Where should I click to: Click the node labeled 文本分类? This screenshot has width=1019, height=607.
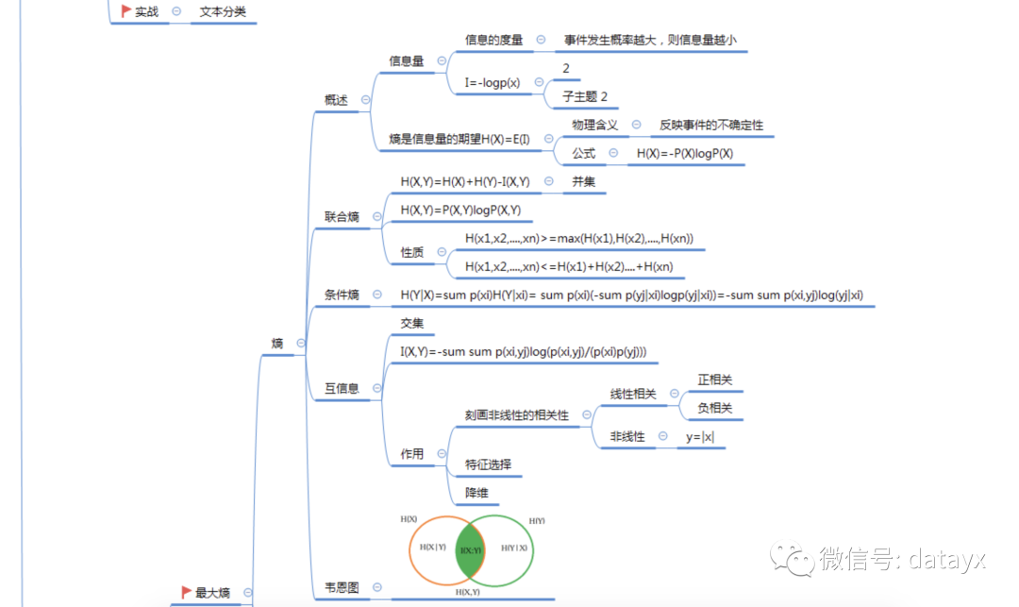pos(223,12)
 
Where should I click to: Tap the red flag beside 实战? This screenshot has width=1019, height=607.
pos(125,11)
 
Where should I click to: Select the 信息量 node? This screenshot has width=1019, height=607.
pos(407,61)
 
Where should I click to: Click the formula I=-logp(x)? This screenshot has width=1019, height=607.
pos(493,83)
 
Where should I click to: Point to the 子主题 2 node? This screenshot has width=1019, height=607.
pos(585,96)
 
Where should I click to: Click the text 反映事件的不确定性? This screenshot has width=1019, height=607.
pos(711,126)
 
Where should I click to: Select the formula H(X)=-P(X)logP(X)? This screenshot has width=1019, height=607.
pos(685,154)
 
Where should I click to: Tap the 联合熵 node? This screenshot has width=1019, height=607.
pos(342,217)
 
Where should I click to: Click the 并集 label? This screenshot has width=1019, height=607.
pos(583,182)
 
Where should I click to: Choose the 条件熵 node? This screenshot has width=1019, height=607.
pos(342,295)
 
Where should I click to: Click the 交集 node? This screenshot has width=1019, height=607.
pos(412,324)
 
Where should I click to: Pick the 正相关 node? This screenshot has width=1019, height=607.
pos(714,380)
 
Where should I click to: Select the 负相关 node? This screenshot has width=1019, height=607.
pos(714,409)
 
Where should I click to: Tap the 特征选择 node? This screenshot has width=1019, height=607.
pos(488,464)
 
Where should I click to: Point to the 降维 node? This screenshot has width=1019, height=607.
pos(476,493)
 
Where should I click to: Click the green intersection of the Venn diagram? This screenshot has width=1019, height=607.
pos(470,549)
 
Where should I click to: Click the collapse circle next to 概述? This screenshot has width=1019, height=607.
pos(365,100)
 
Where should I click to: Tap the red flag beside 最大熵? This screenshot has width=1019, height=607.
pos(186,592)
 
